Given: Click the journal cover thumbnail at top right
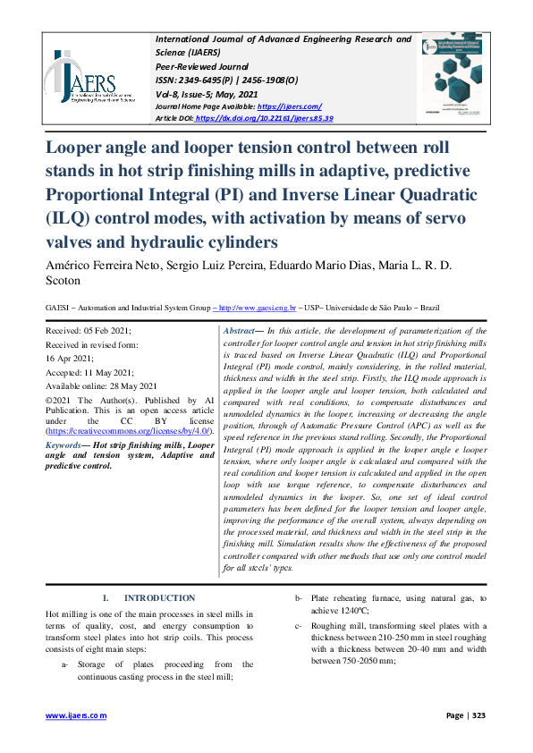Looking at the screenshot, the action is (458, 78).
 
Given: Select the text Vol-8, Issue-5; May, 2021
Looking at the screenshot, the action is (207, 93).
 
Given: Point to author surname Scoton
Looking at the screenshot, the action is (65, 280).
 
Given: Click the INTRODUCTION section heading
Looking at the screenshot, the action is (159, 597).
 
